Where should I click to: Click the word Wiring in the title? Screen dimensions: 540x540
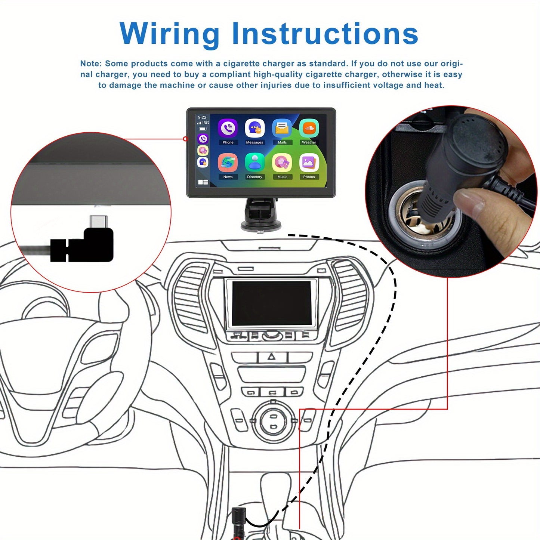pyautogui.click(x=169, y=34)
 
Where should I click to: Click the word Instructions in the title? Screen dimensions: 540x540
pyautogui.click(x=325, y=34)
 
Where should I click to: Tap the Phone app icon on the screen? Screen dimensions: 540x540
pyautogui.click(x=228, y=129)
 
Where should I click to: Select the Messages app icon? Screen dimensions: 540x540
pyautogui.click(x=254, y=129)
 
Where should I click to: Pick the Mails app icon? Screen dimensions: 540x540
pyautogui.click(x=282, y=129)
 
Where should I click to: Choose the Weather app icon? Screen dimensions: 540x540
pyautogui.click(x=309, y=129)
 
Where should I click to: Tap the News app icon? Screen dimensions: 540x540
pyautogui.click(x=228, y=163)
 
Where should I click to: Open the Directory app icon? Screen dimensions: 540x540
pyautogui.click(x=254, y=163)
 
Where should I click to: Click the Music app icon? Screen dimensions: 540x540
pyautogui.click(x=282, y=163)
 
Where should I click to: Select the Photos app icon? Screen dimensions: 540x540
pyautogui.click(x=309, y=163)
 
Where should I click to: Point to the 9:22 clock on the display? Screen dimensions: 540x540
pyautogui.click(x=202, y=117)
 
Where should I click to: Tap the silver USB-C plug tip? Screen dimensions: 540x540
pyautogui.click(x=99, y=221)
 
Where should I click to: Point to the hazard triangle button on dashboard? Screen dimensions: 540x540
pyautogui.click(x=272, y=357)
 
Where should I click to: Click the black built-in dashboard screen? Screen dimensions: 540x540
pyautogui.click(x=271, y=303)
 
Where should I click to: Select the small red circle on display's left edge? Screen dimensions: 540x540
pyautogui.click(x=185, y=139)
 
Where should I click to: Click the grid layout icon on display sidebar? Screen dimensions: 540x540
pyautogui.click(x=203, y=182)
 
